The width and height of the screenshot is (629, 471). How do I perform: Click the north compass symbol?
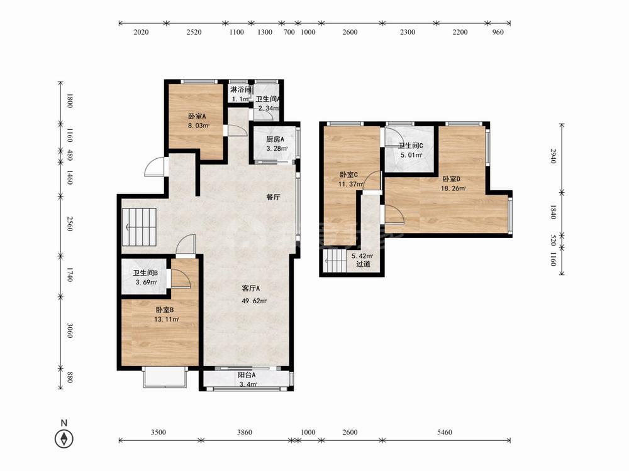[x=64, y=438]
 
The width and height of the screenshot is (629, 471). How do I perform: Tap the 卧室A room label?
[x=197, y=117]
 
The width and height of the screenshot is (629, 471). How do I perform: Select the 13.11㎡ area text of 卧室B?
[x=167, y=320]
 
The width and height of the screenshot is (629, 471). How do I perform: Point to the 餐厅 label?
[x=273, y=197]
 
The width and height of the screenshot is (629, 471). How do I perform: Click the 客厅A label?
[x=251, y=288]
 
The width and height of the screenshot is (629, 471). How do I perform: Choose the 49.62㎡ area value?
[x=254, y=301]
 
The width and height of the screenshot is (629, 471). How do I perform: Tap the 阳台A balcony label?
[x=247, y=376]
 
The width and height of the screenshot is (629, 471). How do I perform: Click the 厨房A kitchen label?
[x=276, y=139]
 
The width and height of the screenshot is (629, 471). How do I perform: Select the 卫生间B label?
[x=145, y=273]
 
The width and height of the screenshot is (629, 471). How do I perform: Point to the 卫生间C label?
[x=410, y=146]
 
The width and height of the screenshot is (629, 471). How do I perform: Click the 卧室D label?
[x=451, y=178]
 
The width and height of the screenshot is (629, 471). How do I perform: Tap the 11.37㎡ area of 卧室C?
[x=351, y=184]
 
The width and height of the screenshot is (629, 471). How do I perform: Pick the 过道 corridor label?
[x=363, y=264]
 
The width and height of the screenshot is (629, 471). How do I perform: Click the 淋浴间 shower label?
[x=241, y=89]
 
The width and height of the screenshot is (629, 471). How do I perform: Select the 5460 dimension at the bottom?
[x=445, y=432]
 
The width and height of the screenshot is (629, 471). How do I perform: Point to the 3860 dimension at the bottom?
[x=245, y=432]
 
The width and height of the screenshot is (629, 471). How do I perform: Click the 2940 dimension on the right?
[x=553, y=156]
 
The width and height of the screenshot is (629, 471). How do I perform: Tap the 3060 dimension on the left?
[x=70, y=330]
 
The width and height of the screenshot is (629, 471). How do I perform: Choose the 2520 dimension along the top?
[x=194, y=32]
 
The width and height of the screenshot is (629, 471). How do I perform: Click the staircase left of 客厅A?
[x=139, y=227]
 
